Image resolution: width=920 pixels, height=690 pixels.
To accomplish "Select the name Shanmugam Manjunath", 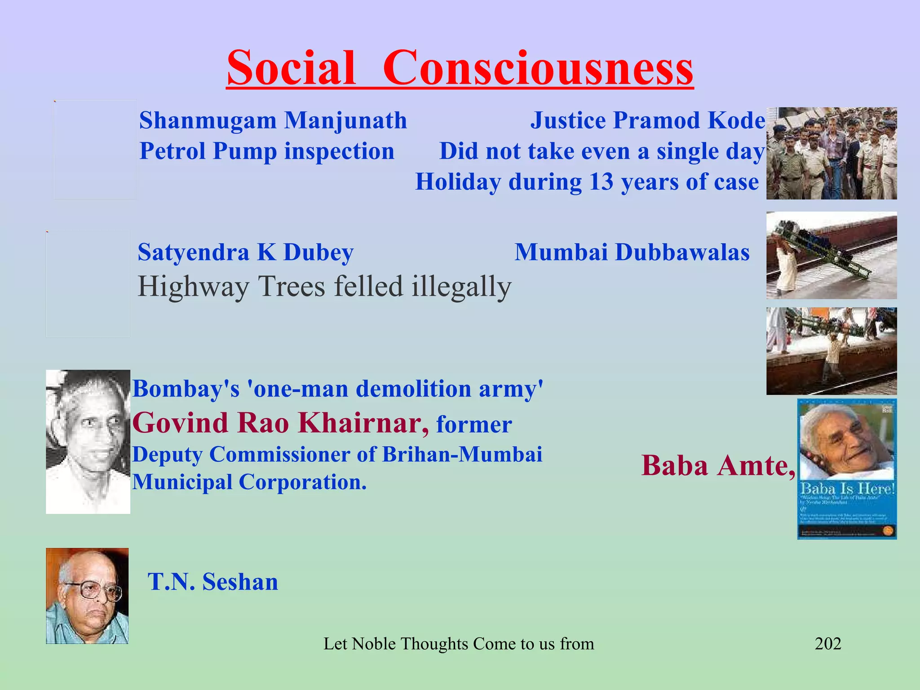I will pos(273,121).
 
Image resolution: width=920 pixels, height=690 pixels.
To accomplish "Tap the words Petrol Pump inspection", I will pos(267,151).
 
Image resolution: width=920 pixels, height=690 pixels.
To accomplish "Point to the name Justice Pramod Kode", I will pos(647,121).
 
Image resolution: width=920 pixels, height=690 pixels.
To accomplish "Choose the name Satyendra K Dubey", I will pos(245,252).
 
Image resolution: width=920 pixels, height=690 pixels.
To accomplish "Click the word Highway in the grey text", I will pos(193,287).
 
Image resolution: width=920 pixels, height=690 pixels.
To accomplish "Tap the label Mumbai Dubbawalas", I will pos(632,252).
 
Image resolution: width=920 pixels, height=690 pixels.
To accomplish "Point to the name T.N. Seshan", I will pos(213,582).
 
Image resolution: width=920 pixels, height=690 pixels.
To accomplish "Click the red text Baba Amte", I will pos(717,465).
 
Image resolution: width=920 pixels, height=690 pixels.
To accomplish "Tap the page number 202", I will pos(827,644).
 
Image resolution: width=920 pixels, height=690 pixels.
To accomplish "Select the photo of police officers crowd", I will pos(831,153).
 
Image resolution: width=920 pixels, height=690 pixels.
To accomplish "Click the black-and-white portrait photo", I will pos(88,441).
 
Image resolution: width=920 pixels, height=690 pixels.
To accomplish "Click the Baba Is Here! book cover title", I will pos(847,489).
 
